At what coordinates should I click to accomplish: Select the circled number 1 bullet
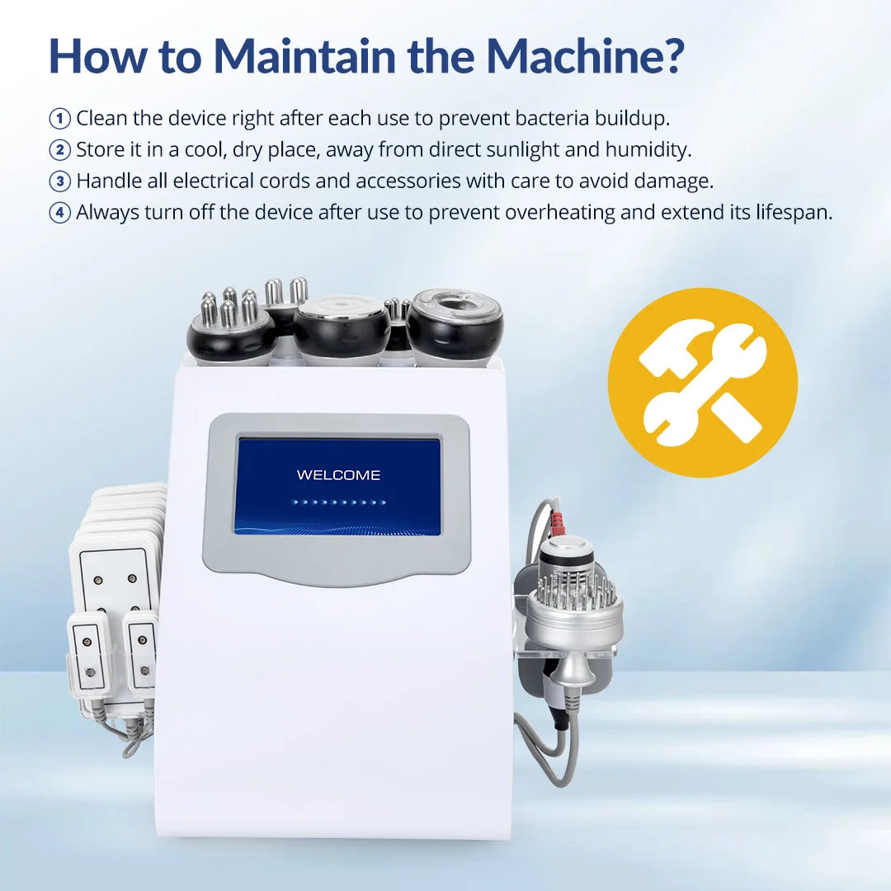point(59,119)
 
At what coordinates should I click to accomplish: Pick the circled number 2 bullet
point(59,150)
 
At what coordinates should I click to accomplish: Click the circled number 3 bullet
point(59,181)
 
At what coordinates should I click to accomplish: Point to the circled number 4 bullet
point(59,213)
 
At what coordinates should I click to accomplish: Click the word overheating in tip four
point(559,212)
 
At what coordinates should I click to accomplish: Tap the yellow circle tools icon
point(703,383)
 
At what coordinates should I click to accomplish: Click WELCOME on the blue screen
point(339,475)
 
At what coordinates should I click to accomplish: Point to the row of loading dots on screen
point(339,502)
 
